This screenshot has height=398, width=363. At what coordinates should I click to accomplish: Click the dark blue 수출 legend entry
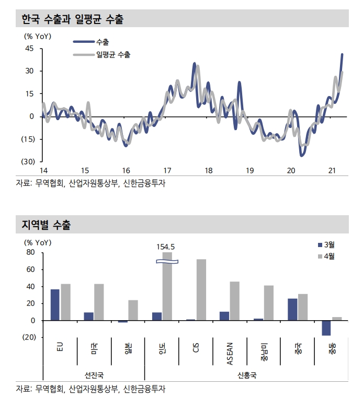[99, 41]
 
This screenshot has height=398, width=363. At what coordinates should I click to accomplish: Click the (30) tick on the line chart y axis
[28, 161]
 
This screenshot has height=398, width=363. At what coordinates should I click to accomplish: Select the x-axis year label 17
[167, 171]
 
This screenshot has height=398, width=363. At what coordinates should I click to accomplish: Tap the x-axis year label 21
[331, 171]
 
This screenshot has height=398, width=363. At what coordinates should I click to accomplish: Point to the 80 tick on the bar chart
[30, 253]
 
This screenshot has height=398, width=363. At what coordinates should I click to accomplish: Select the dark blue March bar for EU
[55, 305]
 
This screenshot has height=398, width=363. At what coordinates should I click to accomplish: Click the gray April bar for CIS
[201, 290]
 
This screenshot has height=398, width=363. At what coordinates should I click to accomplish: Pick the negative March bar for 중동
[326, 328]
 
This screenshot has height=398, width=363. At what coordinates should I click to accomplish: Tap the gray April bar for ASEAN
[234, 301]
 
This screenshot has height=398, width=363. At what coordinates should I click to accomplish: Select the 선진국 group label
[94, 376]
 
